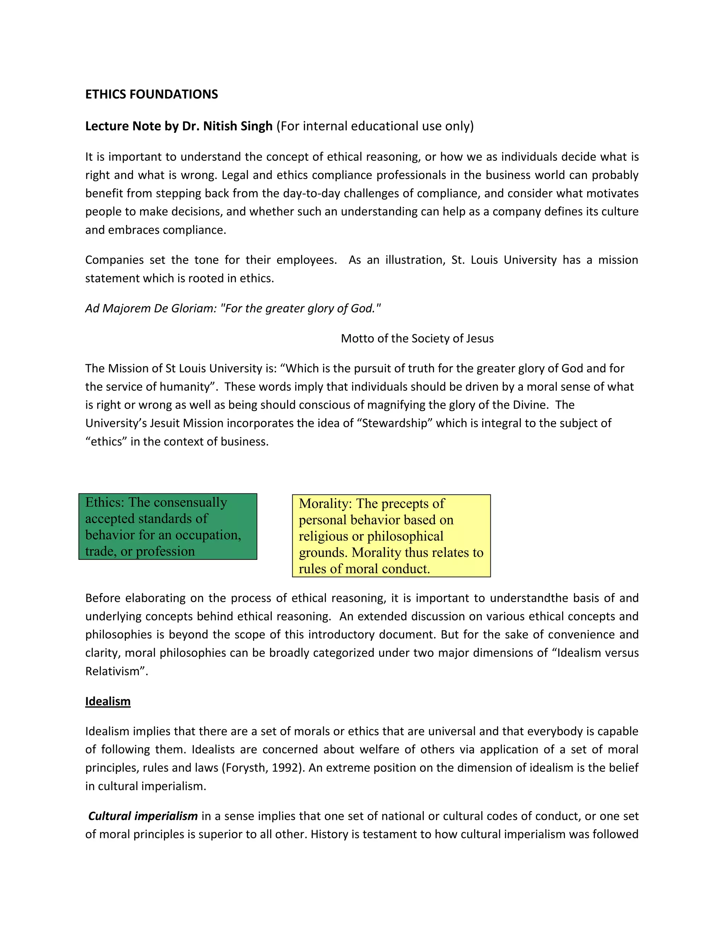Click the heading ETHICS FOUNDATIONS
[151, 94]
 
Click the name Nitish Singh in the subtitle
[238, 126]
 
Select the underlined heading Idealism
[108, 701]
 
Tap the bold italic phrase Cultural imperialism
[142, 816]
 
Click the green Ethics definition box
[168, 526]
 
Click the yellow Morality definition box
[391, 536]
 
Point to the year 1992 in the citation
[285, 768]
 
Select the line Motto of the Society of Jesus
[417, 339]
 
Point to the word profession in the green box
[165, 551]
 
